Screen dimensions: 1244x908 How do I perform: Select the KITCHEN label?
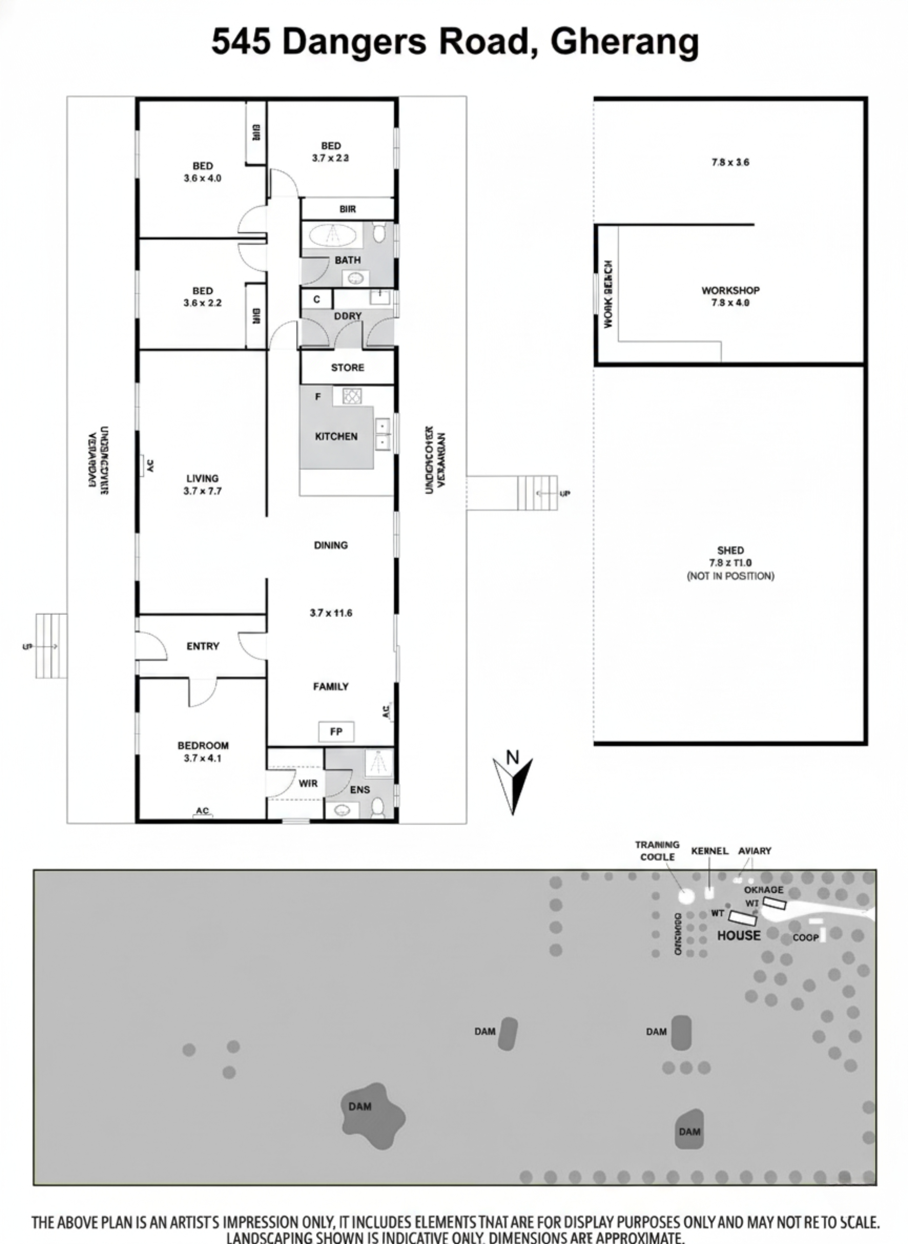tap(336, 436)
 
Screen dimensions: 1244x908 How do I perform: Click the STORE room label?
tap(348, 368)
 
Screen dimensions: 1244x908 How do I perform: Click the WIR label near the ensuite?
tap(308, 783)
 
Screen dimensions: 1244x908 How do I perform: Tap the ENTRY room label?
tap(203, 646)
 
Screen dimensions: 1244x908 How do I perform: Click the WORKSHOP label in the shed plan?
tap(730, 290)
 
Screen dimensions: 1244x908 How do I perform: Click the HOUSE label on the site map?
tap(739, 935)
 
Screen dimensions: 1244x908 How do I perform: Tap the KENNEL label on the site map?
tap(710, 851)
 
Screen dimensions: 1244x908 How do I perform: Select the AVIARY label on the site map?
tap(755, 851)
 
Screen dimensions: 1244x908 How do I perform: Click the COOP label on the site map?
tap(805, 938)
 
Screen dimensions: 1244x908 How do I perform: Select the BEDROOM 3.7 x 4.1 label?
tap(203, 752)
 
